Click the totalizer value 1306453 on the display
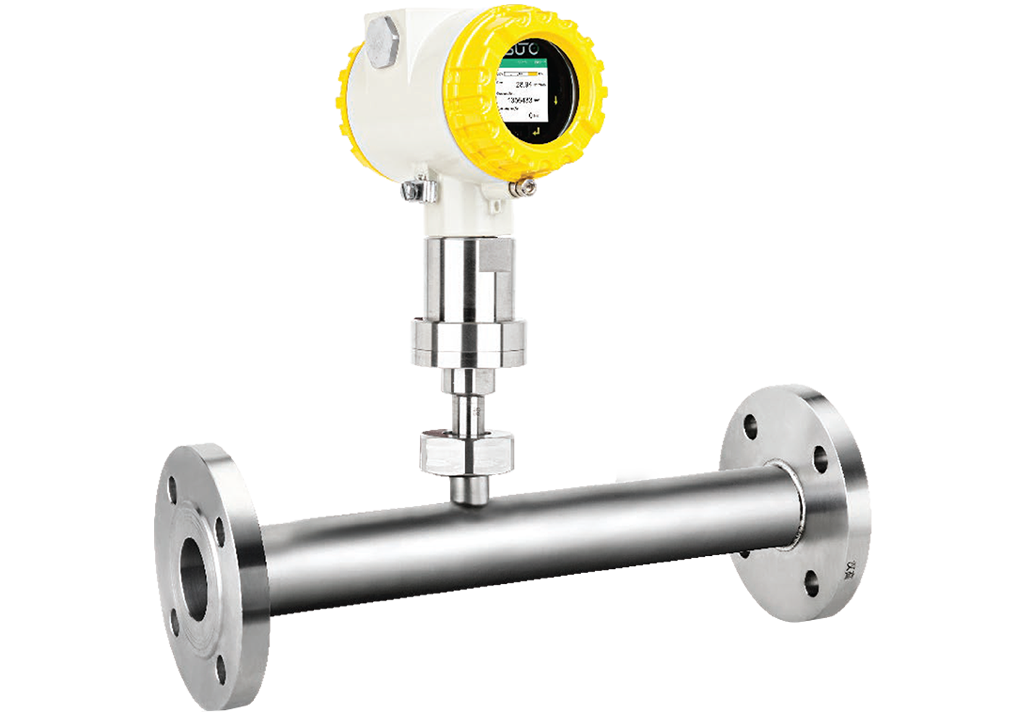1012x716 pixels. pyautogui.click(x=519, y=101)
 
